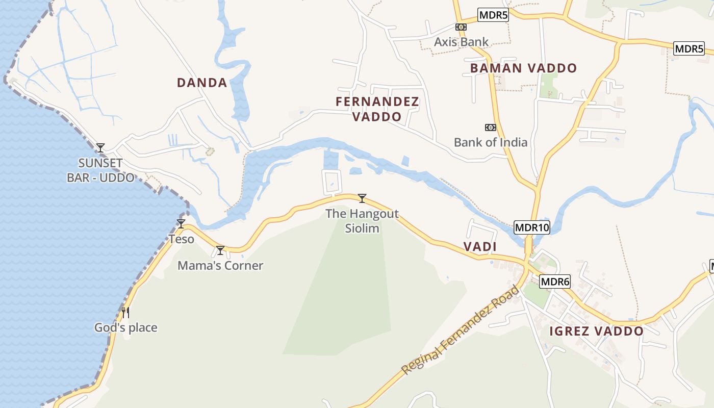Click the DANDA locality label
tap(202, 83)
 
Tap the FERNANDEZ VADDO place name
tap(377, 109)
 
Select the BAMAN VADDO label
tap(523, 68)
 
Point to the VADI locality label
tap(480, 247)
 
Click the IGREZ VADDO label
tap(596, 331)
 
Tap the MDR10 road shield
tap(532, 227)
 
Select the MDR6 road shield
tap(554, 281)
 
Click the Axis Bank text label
tap(461, 42)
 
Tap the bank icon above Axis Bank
tap(461, 27)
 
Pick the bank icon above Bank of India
tap(491, 127)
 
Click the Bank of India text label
tap(491, 142)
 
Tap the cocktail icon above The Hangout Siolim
tap(362, 198)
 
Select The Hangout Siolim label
tap(362, 220)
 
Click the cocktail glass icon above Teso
tap(181, 224)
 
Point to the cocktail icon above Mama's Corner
tap(220, 250)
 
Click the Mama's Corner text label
tap(220, 266)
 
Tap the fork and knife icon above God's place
tap(125, 312)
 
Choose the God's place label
tap(126, 327)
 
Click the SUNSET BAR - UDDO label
tap(100, 170)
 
